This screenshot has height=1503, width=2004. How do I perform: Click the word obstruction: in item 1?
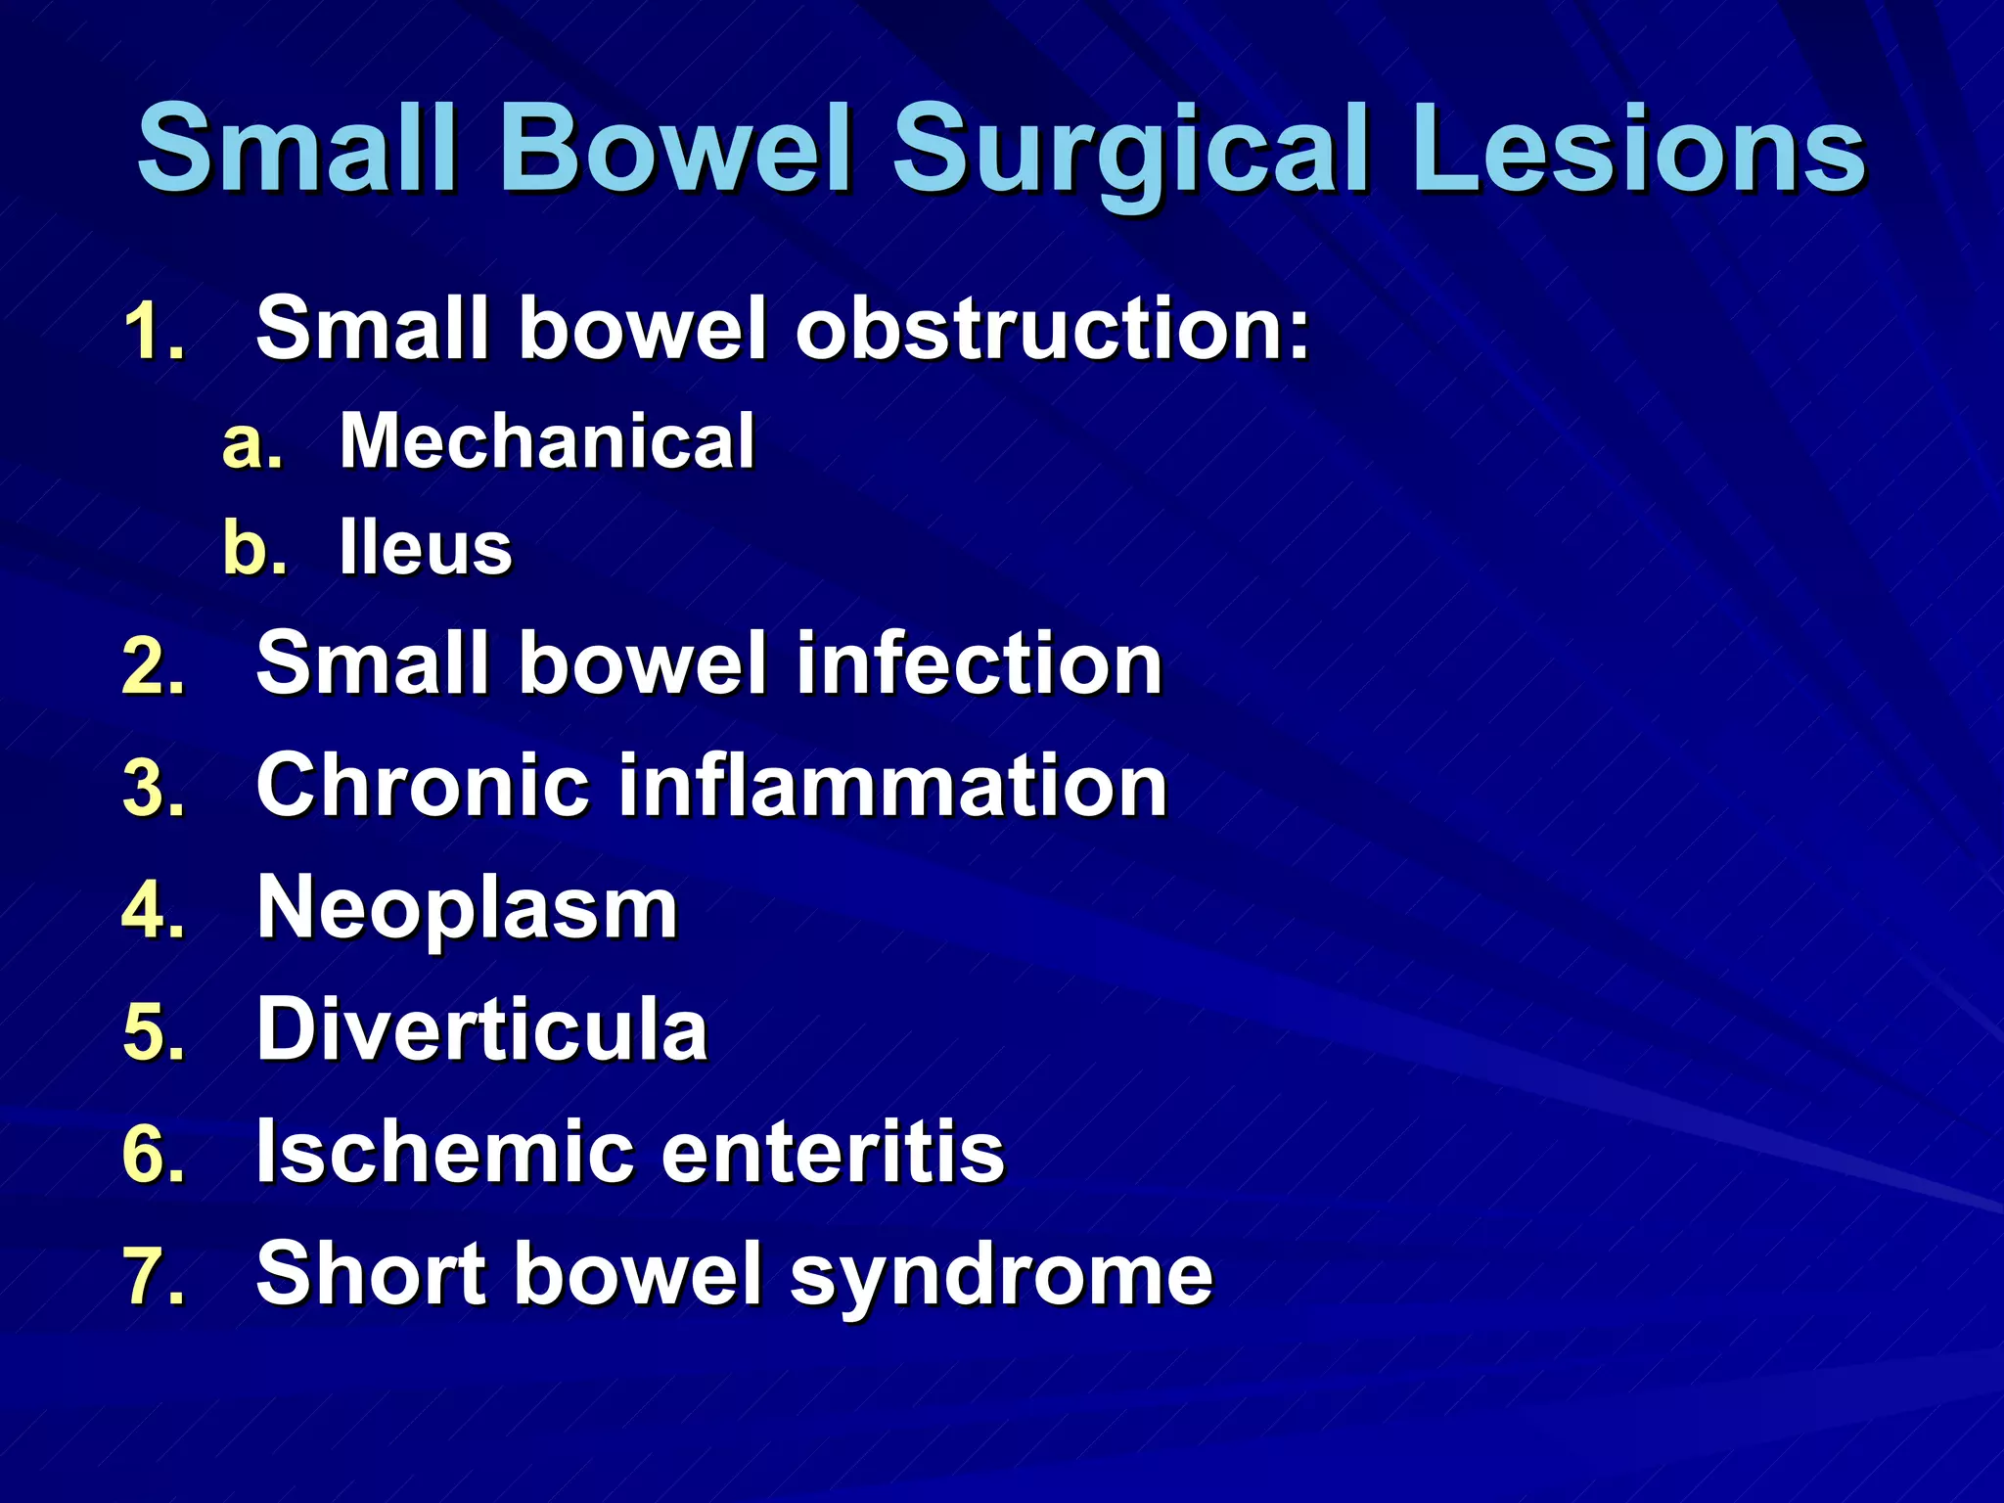(1052, 329)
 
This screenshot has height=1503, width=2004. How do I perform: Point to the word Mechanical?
(547, 441)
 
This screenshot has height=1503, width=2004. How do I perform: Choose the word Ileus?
(426, 548)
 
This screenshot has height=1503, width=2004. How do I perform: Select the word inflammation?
(893, 785)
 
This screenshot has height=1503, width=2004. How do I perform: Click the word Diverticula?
(481, 1029)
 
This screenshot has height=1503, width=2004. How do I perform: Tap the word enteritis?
(833, 1152)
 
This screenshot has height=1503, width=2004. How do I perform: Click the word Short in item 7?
(371, 1273)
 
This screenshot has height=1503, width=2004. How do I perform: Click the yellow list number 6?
(153, 1155)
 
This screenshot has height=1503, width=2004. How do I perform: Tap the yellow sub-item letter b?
(253, 548)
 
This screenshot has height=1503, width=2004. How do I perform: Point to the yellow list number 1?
(153, 333)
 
